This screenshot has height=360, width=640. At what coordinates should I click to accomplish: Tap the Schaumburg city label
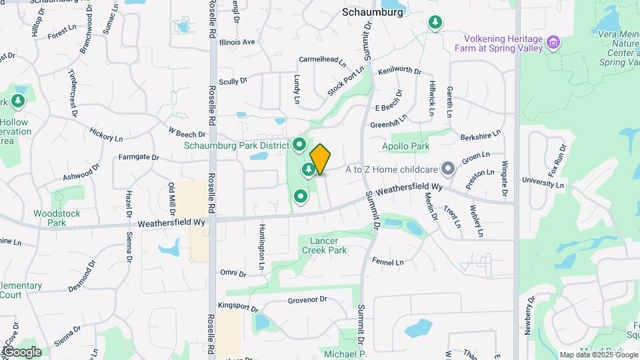(x=372, y=12)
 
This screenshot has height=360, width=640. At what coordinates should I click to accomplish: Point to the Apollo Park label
(x=403, y=146)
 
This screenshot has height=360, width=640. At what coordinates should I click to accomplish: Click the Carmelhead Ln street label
(x=323, y=60)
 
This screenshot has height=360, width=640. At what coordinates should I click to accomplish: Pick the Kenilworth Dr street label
(x=399, y=70)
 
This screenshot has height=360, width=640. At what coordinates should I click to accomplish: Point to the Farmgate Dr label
(x=139, y=158)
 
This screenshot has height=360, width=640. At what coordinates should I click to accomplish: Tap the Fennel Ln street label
(x=389, y=262)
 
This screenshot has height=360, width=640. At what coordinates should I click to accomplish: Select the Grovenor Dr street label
(x=307, y=300)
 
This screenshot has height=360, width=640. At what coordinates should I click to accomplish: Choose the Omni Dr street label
(x=233, y=273)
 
